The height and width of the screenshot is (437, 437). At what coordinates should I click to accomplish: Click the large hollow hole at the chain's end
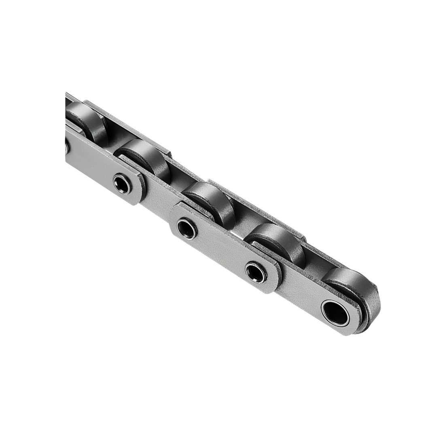pos(335,312)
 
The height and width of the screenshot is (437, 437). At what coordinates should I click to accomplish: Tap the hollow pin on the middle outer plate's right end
pos(256,272)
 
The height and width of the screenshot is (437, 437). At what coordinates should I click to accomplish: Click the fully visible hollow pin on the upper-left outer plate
pos(122,184)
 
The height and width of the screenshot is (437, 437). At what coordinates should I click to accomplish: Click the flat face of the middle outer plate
pos(221,251)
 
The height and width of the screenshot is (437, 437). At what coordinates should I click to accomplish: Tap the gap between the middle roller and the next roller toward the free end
pos(243,221)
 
